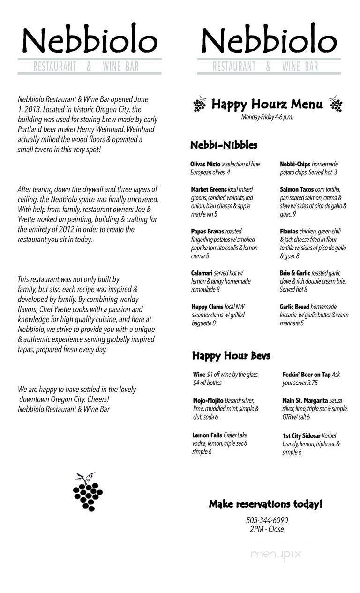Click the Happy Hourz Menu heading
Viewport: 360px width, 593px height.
267,104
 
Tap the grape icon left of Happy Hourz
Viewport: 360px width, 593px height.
199,105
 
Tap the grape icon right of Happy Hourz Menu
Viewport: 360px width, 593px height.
336,105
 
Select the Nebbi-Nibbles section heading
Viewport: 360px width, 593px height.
224,145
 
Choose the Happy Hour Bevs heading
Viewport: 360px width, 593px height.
231,356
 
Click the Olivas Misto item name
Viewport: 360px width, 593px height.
205,164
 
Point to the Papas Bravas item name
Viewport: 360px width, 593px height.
207,232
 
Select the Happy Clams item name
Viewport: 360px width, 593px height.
207,307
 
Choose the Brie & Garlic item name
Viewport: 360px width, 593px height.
296,273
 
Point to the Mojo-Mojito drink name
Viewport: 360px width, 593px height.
208,400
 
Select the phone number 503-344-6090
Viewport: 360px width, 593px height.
267,520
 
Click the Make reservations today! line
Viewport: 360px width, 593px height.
265,504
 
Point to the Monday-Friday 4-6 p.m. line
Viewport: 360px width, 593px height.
267,117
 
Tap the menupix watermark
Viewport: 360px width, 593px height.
276,555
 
